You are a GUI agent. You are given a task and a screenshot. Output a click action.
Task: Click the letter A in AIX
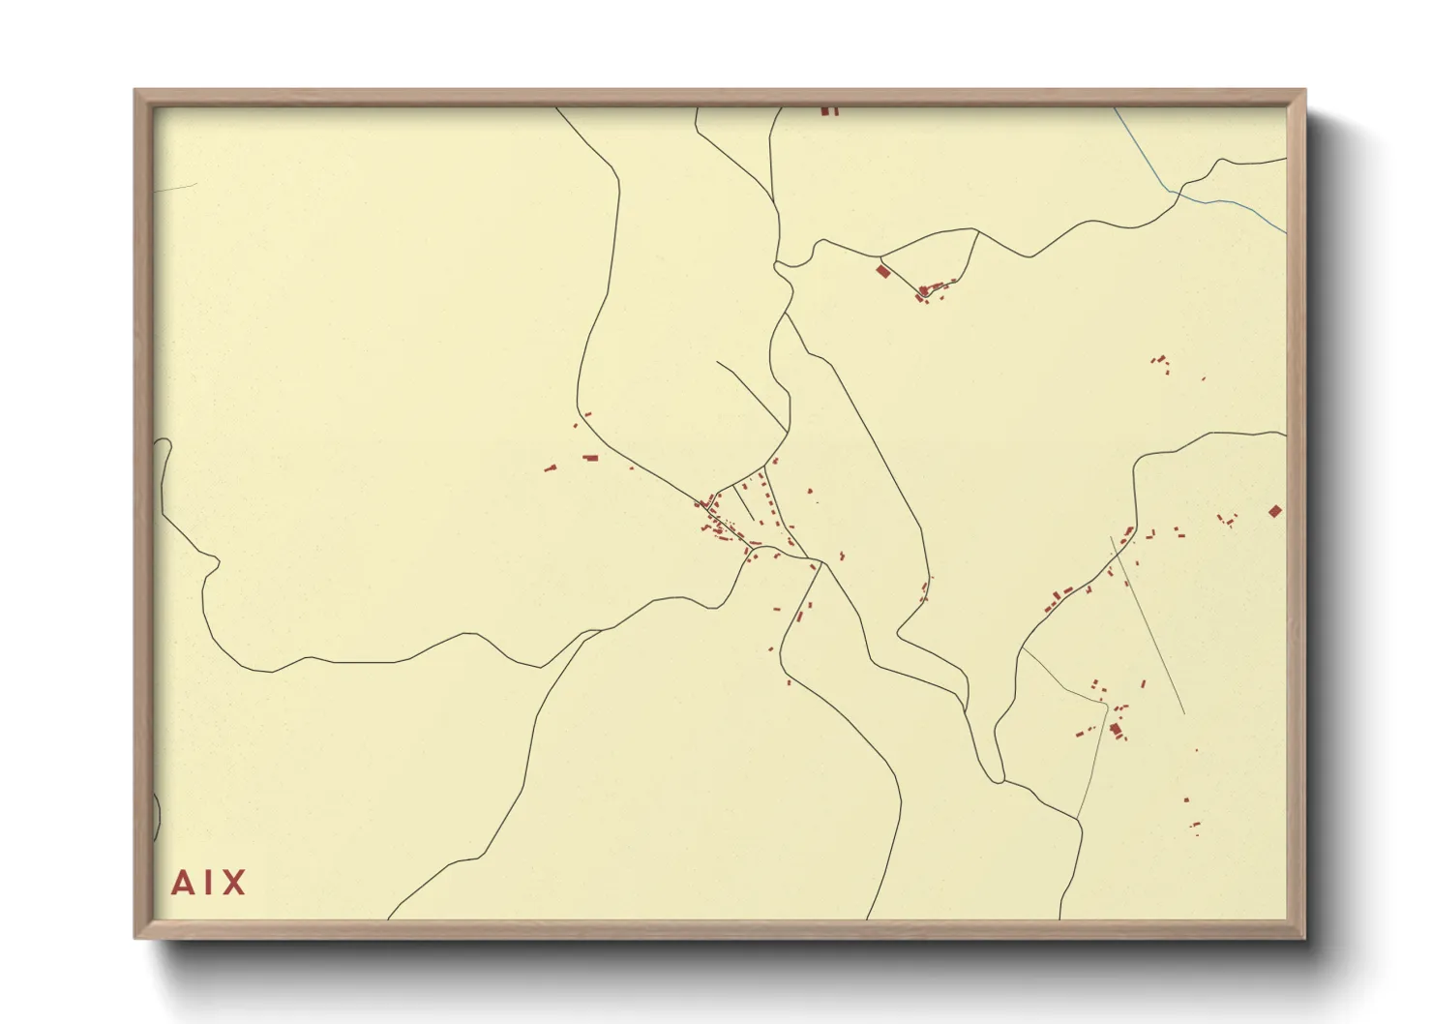point(182,883)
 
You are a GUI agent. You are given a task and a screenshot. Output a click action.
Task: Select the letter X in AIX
point(234,883)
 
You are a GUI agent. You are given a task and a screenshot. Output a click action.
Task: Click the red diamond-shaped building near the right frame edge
point(1275,510)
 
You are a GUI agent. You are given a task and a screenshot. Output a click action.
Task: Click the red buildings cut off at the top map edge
point(828,110)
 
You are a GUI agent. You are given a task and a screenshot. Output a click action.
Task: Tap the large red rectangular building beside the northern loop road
point(881,270)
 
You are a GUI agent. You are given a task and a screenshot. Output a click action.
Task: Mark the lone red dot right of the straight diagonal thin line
point(1196,749)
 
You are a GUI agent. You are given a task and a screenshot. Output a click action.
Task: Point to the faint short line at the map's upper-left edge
point(174,186)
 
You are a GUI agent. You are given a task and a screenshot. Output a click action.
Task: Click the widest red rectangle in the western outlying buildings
point(590,458)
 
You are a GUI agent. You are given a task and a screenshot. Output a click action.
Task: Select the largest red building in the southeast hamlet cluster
point(1115,728)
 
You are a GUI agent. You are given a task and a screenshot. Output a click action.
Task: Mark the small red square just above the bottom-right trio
point(1186,799)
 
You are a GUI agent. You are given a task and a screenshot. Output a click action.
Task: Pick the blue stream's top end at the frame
point(1115,108)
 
